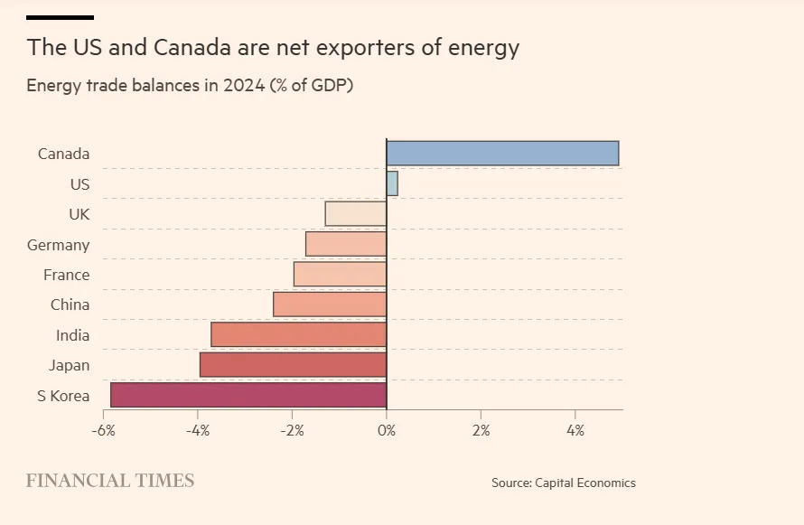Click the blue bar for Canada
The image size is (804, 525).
502,154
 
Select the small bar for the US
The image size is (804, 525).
392,183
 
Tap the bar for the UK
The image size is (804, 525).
356,214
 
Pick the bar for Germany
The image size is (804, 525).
346,244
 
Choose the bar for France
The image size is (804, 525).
341,275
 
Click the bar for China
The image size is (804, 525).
330,305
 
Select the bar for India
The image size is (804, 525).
299,335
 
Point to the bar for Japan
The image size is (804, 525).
294,365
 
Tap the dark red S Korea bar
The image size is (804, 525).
248,396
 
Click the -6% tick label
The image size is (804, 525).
103,430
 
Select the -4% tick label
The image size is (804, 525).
198,430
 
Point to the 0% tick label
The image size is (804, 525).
387,430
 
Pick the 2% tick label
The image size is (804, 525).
481,430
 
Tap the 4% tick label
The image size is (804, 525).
575,430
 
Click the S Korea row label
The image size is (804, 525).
63,396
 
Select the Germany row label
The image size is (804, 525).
59,245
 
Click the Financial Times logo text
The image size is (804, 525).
110,481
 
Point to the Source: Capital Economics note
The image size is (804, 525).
564,483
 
